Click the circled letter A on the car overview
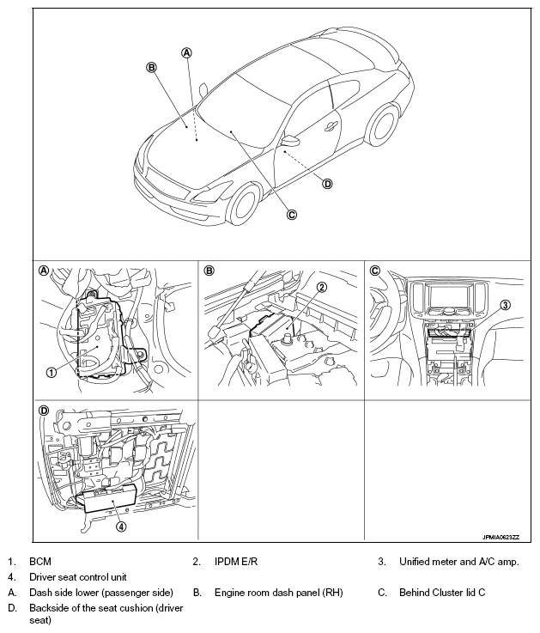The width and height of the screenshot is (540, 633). click(x=187, y=52)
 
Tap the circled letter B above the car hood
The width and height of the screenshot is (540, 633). click(x=151, y=67)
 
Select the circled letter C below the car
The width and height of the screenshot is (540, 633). click(x=292, y=215)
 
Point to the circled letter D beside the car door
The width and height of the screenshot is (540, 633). click(x=327, y=183)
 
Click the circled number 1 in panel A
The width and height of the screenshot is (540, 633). click(x=52, y=372)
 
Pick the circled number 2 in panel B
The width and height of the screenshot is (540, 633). click(x=321, y=287)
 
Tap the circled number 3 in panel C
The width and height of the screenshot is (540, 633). click(x=506, y=304)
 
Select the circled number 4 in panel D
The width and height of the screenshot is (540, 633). click(x=121, y=526)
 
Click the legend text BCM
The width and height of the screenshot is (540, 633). click(x=40, y=562)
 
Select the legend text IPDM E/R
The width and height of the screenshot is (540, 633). click(x=236, y=562)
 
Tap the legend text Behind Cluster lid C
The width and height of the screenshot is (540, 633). click(x=446, y=593)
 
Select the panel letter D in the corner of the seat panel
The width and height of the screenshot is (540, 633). click(x=44, y=411)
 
